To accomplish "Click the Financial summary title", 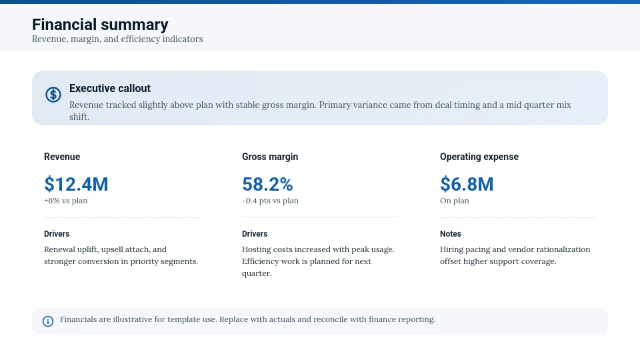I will click(x=100, y=25).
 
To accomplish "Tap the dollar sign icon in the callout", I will click(x=53, y=95).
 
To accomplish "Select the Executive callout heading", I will click(x=110, y=88).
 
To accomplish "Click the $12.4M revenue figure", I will click(x=76, y=184).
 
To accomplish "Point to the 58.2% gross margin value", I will click(x=267, y=184).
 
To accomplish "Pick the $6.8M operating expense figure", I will click(x=467, y=184).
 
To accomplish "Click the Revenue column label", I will click(x=62, y=157).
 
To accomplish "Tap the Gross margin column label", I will click(x=270, y=157).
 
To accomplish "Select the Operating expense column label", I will click(x=479, y=157).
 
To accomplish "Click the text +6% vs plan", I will click(x=65, y=201).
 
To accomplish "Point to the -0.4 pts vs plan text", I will click(x=270, y=201).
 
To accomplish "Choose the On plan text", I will click(x=455, y=201).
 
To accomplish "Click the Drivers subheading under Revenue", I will click(x=57, y=234).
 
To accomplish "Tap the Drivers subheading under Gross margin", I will click(x=255, y=234).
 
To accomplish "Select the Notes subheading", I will click(x=451, y=234).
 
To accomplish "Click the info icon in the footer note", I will click(x=48, y=321).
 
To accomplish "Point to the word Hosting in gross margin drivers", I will click(x=257, y=249).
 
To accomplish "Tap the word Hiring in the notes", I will click(x=452, y=249).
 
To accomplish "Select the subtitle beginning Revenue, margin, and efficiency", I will click(x=117, y=39).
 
